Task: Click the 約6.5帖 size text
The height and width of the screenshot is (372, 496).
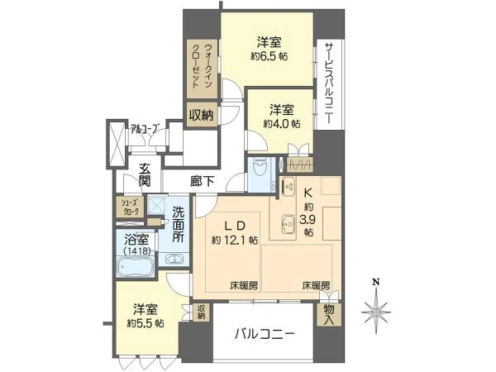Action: pos(269,56)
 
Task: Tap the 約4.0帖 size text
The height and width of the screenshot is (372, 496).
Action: pos(282,124)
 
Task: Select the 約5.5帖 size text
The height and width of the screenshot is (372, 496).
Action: pos(145,323)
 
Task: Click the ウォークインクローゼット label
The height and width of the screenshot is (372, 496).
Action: pos(203,66)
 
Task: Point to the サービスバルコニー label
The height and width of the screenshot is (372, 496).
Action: pos(329,83)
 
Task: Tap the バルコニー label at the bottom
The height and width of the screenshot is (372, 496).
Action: pos(265,334)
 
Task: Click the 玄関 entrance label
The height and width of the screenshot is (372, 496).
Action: pos(145,175)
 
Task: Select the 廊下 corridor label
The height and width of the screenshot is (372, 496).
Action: pos(203,181)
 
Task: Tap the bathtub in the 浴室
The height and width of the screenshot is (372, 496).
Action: pos(136,268)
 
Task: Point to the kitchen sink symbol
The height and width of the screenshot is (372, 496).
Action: pos(289,224)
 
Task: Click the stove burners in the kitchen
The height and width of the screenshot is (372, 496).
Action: pos(289,187)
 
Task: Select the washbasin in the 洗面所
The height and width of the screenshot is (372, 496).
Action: pos(174,260)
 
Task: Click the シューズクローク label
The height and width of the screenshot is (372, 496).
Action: pos(131,207)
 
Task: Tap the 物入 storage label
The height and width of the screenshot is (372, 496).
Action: pos(329,314)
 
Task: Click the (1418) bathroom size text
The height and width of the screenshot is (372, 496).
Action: pos(136,251)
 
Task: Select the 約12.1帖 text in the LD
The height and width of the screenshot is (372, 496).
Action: pos(235,240)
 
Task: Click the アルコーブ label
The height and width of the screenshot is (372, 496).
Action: pos(144,129)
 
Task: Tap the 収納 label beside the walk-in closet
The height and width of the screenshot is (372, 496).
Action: pos(202,115)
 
